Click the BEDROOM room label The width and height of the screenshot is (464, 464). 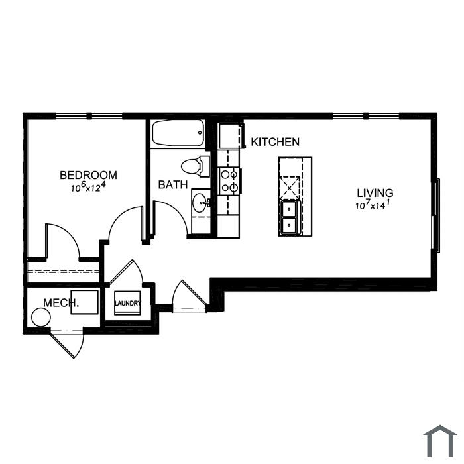click(88, 175)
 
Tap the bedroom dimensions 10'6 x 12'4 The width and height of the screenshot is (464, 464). click(88, 187)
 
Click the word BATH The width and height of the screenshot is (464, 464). click(173, 185)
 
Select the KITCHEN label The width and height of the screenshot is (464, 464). click(275, 142)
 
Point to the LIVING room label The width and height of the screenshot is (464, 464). click(375, 193)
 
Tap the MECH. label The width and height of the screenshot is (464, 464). click(61, 303)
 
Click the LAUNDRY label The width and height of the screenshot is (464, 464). click(128, 304)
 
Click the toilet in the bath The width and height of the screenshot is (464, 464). click(195, 166)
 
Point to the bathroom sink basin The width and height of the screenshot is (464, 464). click(200, 203)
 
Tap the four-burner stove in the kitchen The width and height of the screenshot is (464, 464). click(229, 181)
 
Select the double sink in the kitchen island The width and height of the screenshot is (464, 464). click(290, 217)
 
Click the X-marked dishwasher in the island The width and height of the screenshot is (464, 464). click(290, 188)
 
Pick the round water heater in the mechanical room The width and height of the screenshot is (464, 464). click(41, 318)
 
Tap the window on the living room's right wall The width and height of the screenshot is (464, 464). click(436, 215)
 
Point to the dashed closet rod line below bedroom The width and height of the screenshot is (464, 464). click(63, 271)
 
